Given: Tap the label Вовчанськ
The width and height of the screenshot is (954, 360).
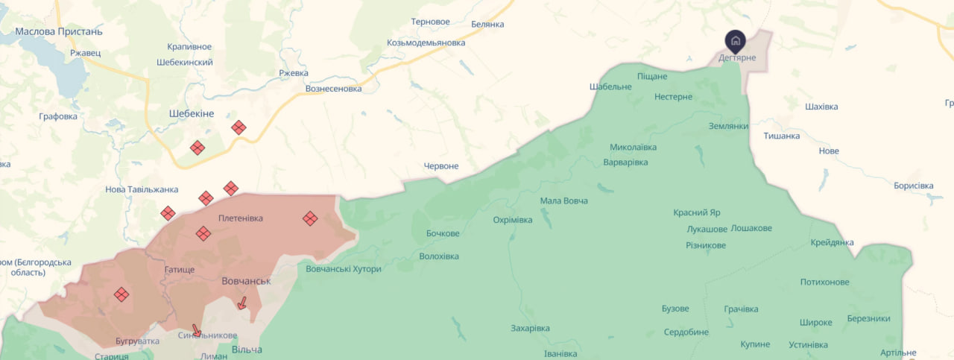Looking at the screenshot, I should pos(246,281).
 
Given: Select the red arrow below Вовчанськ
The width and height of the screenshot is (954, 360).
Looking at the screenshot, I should pos(241,303).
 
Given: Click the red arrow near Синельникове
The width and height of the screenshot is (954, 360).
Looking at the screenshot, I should pos(196,330).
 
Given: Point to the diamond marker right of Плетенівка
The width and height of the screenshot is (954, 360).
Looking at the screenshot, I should pos(310,218).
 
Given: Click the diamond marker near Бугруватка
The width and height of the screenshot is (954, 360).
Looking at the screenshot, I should pos(121,294).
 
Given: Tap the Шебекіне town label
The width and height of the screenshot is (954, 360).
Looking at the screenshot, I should pos(191,113).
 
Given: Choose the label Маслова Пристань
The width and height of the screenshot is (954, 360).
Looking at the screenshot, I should pos(60,31).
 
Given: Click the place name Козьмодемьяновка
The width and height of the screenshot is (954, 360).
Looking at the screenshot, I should pos(426,42).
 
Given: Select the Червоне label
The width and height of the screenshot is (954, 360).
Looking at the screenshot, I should pos(441,165).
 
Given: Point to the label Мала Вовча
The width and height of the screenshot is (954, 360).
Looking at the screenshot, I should pos(564,200).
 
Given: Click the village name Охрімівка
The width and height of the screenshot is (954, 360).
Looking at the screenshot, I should pos(513,220).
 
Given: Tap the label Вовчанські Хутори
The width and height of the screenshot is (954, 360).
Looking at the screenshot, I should pos(344,268).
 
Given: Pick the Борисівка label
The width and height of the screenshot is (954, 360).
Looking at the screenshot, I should pos(913,185).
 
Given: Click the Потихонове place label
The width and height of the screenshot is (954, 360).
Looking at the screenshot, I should pos(824,282).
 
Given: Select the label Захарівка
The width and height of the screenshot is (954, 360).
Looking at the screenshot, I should pos(530,328).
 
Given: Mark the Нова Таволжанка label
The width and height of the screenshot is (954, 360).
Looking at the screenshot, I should pos(142,189).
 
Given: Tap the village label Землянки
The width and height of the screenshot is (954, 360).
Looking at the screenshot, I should pos(728,126).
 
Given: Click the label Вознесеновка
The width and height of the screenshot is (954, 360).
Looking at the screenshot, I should pos(333,88).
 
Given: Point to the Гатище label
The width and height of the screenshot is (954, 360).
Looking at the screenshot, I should pos(179,268).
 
